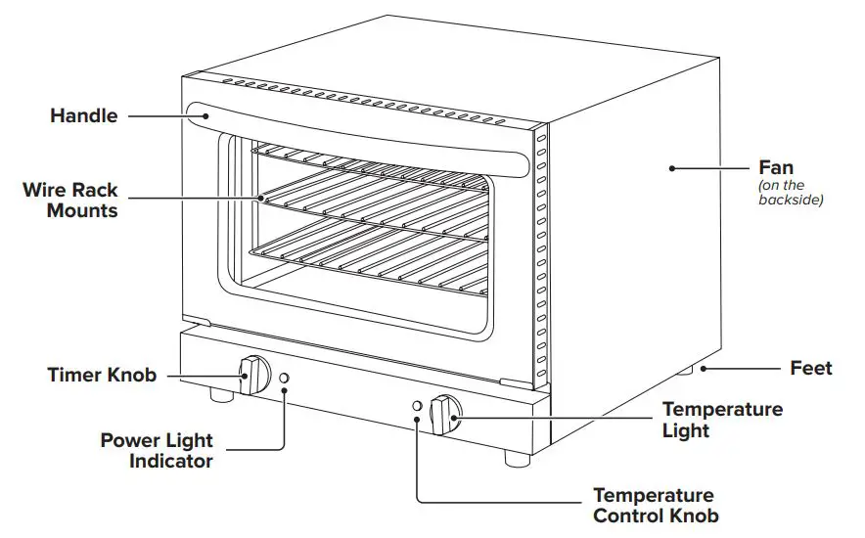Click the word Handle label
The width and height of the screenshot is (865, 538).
click(x=83, y=116)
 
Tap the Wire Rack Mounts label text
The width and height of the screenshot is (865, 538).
click(x=70, y=200)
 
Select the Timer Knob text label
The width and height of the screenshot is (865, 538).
click(x=102, y=375)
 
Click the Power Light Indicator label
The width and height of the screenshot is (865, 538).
click(x=157, y=451)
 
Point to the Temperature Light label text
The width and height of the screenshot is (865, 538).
click(x=722, y=420)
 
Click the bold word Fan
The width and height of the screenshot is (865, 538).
click(x=777, y=168)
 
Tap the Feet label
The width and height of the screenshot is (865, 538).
click(x=811, y=369)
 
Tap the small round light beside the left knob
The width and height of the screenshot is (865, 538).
click(x=285, y=379)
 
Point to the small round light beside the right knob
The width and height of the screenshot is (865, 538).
click(x=418, y=406)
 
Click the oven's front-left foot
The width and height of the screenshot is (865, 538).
click(x=222, y=396)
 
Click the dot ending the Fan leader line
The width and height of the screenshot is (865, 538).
click(x=672, y=168)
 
